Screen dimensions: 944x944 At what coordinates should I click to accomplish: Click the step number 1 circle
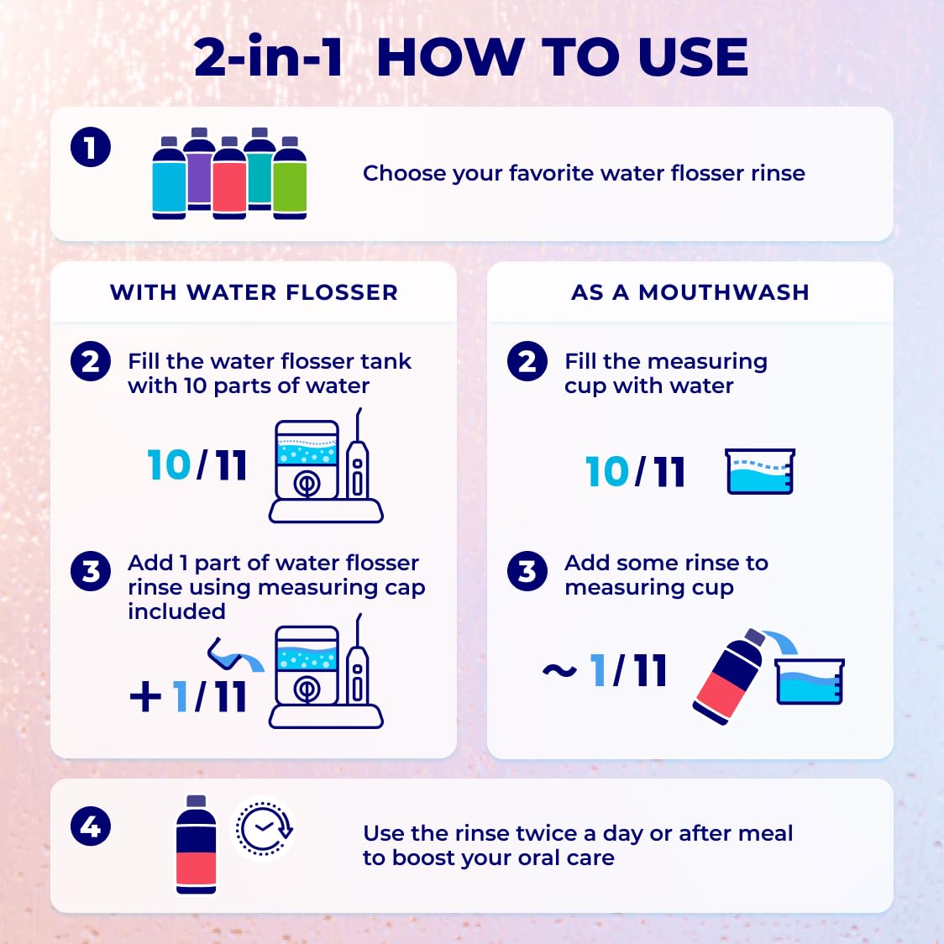91,147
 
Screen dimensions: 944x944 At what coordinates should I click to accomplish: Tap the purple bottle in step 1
199,169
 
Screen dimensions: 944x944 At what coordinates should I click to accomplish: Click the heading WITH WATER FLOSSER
254,292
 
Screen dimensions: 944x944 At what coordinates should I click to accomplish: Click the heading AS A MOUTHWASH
690,292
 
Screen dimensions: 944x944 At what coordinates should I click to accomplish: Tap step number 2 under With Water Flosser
91,362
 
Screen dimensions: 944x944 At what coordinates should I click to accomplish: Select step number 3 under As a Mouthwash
527,571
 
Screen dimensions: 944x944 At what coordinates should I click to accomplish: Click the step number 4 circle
91,826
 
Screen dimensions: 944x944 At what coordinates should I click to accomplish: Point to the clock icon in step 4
264,828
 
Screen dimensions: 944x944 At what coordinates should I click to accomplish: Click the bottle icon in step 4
197,845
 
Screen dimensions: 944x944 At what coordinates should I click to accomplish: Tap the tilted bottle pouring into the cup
729,677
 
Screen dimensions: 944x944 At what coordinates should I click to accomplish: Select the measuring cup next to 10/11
760,471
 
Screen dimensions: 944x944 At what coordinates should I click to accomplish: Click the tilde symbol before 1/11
560,670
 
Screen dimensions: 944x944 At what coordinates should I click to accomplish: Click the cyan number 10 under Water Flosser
169,465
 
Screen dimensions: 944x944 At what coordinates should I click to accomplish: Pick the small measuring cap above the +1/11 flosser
224,653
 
